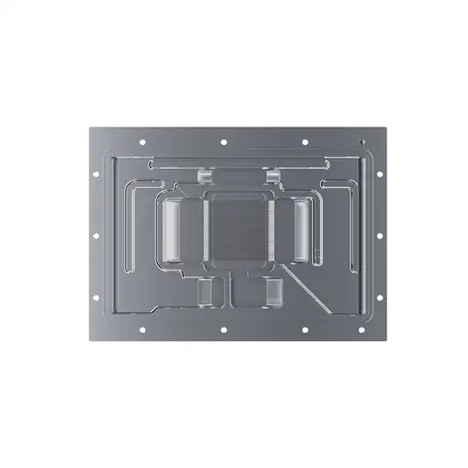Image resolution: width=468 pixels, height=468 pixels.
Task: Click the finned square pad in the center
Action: pos(237,229)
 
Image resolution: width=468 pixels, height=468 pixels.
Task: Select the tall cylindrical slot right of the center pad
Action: pos(301,230)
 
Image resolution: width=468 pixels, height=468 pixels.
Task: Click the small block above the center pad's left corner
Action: pos(204,176)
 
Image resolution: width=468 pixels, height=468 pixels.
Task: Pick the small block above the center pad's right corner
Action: pos(273,176)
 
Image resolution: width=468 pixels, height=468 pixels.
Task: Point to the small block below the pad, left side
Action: pos(206,293)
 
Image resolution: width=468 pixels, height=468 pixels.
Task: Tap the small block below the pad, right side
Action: pos(273,293)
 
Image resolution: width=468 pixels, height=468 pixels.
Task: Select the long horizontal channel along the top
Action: pos(237,162)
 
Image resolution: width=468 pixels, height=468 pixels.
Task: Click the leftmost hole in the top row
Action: pos(142,142)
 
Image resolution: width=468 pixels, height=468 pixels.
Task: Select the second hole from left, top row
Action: pos(223,142)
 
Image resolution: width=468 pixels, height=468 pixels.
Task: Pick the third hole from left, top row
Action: pos(304,142)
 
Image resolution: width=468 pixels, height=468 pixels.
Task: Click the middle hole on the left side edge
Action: pos(94,236)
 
